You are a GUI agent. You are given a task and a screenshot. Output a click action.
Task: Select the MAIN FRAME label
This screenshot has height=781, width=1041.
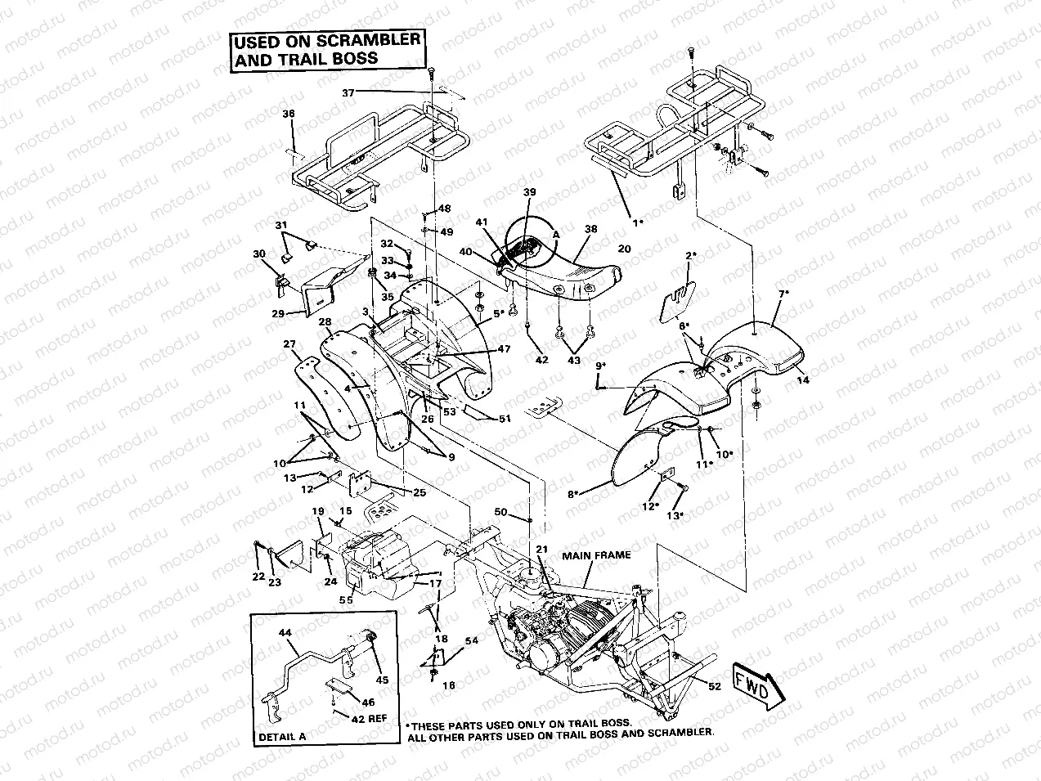point(596,555)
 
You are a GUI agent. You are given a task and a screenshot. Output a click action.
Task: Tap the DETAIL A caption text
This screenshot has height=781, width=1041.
point(282,736)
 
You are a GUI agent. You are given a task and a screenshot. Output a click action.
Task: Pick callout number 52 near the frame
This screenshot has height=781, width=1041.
point(714,687)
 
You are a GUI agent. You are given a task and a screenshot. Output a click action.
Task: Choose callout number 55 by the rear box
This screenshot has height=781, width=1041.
point(346,599)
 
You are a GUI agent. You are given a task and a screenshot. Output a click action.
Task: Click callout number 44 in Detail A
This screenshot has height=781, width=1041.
point(285,634)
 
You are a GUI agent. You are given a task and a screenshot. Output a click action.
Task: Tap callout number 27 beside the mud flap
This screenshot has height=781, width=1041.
point(289,345)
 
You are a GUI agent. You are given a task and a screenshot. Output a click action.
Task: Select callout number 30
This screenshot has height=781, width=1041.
point(259,254)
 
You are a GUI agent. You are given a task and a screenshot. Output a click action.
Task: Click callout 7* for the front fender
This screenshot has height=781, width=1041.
point(783,293)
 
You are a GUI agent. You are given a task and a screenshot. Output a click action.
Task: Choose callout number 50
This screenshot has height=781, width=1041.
point(501,512)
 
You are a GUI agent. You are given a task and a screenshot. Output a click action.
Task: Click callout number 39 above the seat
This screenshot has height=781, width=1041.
point(529,191)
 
